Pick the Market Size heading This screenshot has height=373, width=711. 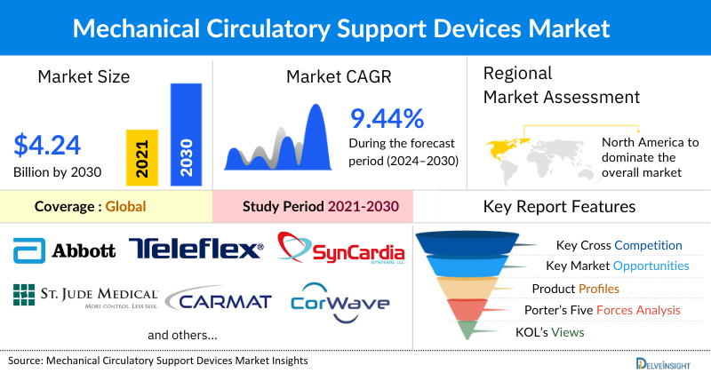84,76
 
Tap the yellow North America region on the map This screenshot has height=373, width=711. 503,144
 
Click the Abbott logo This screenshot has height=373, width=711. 65,250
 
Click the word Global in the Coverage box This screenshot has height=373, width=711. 125,207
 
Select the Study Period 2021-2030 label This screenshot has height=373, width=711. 320,207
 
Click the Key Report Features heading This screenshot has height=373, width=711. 559,207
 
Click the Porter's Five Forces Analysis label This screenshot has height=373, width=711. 606,310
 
